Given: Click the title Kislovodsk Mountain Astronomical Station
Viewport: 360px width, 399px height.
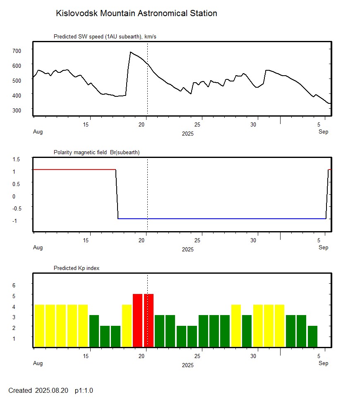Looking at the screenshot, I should click(x=136, y=13).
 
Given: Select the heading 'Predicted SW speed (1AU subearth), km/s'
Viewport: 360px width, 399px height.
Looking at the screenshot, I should click(x=105, y=37).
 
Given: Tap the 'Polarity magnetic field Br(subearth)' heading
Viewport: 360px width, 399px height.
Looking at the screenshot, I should click(x=96, y=153).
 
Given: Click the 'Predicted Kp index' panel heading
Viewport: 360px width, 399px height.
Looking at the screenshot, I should click(x=77, y=268).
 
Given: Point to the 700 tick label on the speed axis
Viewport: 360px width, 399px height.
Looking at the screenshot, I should click(x=17, y=50).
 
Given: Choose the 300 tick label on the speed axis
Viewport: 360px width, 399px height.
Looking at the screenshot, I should click(x=17, y=110).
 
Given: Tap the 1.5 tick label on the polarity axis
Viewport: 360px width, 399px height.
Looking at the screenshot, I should click(x=17, y=159).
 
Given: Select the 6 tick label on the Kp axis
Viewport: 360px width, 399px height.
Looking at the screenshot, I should click(x=14, y=285).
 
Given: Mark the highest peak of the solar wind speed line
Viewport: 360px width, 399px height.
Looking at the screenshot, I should click(x=130, y=52).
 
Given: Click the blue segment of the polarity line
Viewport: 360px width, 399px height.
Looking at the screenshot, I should click(x=219, y=218).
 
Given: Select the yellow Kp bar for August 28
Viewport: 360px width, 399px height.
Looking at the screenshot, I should click(x=236, y=326).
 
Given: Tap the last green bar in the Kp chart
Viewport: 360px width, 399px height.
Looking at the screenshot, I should click(x=312, y=336).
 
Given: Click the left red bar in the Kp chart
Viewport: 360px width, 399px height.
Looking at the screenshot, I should click(x=138, y=320).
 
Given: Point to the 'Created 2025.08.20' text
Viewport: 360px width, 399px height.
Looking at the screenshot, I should click(x=38, y=390).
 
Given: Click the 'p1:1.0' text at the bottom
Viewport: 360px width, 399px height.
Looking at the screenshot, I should click(x=84, y=390).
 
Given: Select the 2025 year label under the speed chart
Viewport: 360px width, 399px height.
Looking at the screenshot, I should click(x=187, y=134).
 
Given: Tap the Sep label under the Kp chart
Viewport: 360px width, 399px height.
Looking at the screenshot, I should click(x=323, y=363).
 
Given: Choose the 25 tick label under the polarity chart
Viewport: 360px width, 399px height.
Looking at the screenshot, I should click(x=198, y=241).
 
